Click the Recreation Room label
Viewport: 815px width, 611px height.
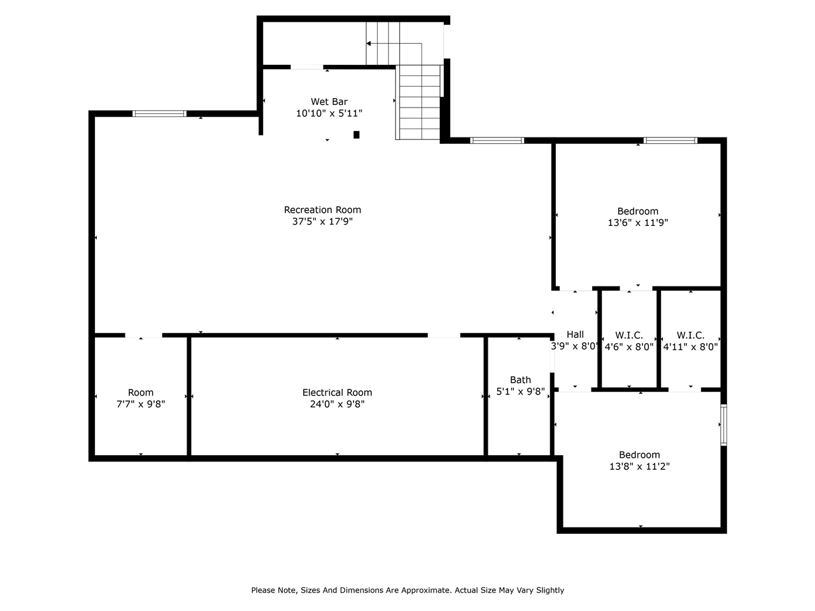[322, 210]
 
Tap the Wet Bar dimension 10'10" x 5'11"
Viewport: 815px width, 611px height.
[329, 113]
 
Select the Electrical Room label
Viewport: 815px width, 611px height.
[337, 393]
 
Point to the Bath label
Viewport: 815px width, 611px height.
[520, 380]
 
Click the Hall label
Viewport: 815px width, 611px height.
[575, 335]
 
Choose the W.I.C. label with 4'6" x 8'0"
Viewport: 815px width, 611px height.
[629, 335]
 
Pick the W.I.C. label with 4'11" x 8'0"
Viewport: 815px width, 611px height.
[690, 335]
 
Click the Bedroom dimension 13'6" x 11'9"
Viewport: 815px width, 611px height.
[638, 223]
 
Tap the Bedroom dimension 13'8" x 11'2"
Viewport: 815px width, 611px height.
[639, 467]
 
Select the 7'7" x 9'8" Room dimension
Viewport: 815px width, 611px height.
[141, 404]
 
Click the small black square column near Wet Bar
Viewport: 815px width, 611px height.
[357, 135]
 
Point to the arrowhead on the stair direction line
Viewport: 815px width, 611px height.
[368, 43]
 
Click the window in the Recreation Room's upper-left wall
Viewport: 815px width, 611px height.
[159, 113]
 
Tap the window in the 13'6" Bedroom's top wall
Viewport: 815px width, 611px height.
[670, 140]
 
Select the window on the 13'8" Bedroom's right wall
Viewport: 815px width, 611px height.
[724, 425]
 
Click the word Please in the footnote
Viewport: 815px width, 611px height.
[263, 590]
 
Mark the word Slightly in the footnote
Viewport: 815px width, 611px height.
[550, 591]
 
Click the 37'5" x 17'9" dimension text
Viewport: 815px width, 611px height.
[322, 222]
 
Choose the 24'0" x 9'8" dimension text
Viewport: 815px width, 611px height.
[337, 404]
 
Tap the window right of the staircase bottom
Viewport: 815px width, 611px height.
[497, 140]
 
